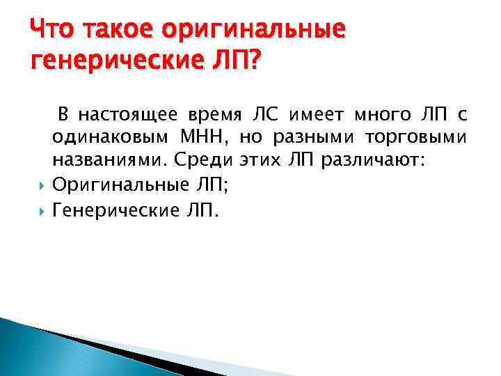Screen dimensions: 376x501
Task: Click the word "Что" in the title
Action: click(51, 29)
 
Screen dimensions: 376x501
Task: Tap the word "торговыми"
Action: click(425, 138)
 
